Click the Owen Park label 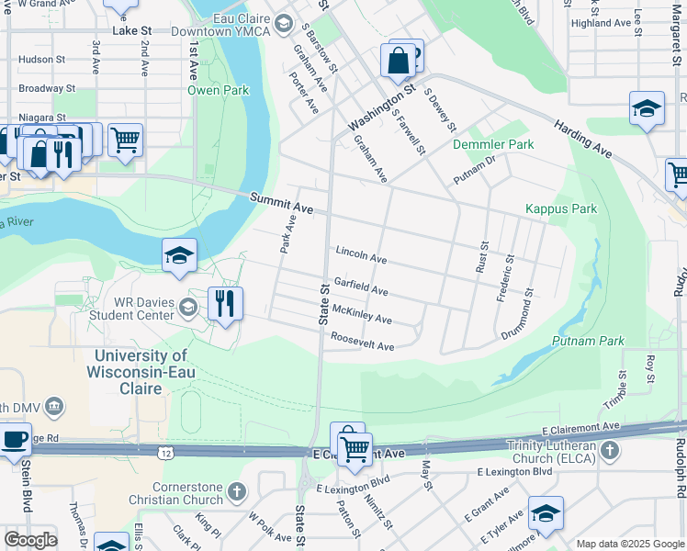pyautogui.click(x=219, y=91)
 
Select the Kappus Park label pyautogui.click(x=560, y=209)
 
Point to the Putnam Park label pyautogui.click(x=588, y=341)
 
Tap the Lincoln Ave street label pyautogui.click(x=361, y=253)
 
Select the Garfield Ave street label pyautogui.click(x=360, y=287)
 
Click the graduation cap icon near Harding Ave pyautogui.click(x=647, y=108)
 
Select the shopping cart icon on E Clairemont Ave pyautogui.click(x=355, y=447)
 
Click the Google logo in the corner pyautogui.click(x=30, y=540)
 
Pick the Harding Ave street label pyautogui.click(x=581, y=136)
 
